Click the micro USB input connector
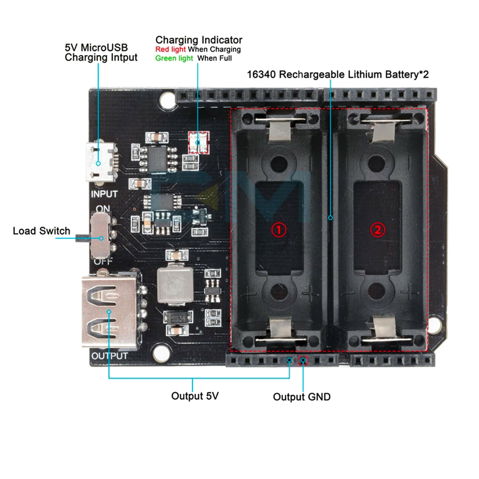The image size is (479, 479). tap(100, 162)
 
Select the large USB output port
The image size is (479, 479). tap(109, 312)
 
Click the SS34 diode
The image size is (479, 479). tap(178, 319)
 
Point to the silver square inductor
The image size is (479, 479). tap(175, 284)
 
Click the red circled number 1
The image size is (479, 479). tap(279, 230)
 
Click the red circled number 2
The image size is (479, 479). tap(378, 230)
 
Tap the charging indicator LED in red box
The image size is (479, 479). tap(198, 143)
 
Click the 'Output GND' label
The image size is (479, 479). tap(301, 397)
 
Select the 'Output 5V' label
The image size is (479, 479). tap(195, 396)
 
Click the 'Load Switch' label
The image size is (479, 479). tap(41, 231)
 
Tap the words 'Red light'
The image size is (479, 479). tap(170, 49)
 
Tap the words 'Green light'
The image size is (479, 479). tap(174, 58)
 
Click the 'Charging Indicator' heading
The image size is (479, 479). tap(199, 40)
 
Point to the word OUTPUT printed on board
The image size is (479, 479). tap(110, 356)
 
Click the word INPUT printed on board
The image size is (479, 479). tap(104, 194)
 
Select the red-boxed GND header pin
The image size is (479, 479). tap(303, 360)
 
